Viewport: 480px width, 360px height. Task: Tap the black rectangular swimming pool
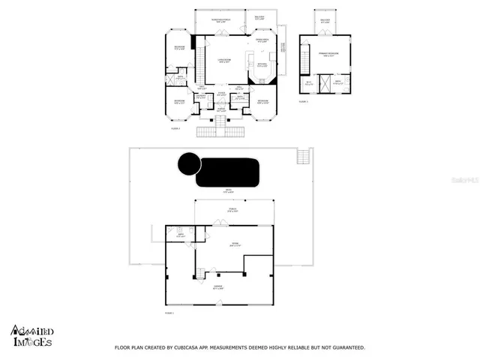click(228, 172)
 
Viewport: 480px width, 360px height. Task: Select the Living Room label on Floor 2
click(223, 61)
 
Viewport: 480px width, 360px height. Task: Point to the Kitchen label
click(262, 65)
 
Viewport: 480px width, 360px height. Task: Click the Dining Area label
click(262, 40)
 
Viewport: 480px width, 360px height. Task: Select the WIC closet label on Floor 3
click(308, 83)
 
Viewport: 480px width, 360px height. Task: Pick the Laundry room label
click(201, 96)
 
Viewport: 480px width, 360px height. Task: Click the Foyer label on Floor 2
click(221, 94)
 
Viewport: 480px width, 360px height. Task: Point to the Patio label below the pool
click(230, 192)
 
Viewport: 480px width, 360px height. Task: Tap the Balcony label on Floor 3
click(325, 19)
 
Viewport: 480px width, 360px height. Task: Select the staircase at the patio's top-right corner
click(303, 157)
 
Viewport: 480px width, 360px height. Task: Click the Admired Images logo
click(31, 335)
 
